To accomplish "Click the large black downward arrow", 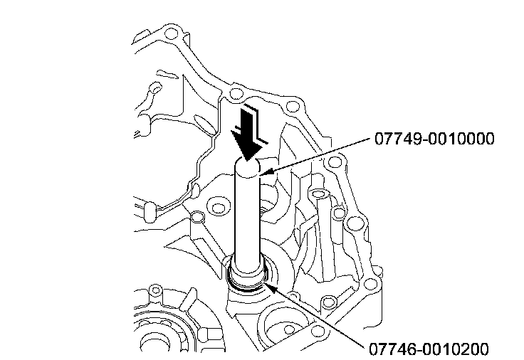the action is (x=248, y=136).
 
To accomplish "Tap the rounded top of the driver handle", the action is (x=249, y=168).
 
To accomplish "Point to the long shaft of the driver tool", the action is (x=248, y=221).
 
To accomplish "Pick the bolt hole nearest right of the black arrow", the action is (x=290, y=107).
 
